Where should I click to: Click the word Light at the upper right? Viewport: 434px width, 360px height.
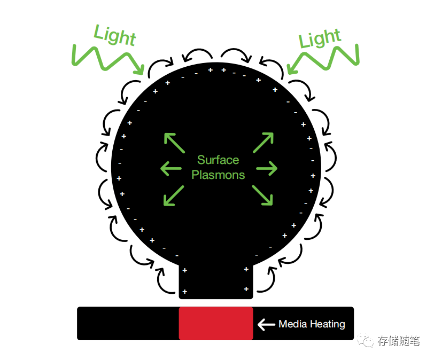pyautogui.click(x=319, y=39)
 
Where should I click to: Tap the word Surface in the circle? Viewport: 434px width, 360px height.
pyautogui.click(x=218, y=160)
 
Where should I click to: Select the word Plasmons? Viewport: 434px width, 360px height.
pyautogui.click(x=218, y=175)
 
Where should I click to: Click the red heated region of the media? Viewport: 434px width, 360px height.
pyautogui.click(x=216, y=323)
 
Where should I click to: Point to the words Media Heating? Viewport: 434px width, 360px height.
pyautogui.click(x=312, y=324)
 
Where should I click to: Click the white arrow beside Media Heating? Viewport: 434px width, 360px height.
pyautogui.click(x=266, y=324)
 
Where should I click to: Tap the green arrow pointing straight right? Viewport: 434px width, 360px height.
pyautogui.click(x=267, y=169)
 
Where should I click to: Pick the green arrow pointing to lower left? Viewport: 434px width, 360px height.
pyautogui.click(x=173, y=195)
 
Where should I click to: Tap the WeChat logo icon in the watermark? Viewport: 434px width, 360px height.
pyautogui.click(x=367, y=341)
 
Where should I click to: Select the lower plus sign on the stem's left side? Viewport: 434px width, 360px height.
pyautogui.click(x=185, y=292)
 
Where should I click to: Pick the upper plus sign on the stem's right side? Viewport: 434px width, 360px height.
pyautogui.click(x=246, y=269)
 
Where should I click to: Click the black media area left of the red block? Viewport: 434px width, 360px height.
pyautogui.click(x=128, y=323)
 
